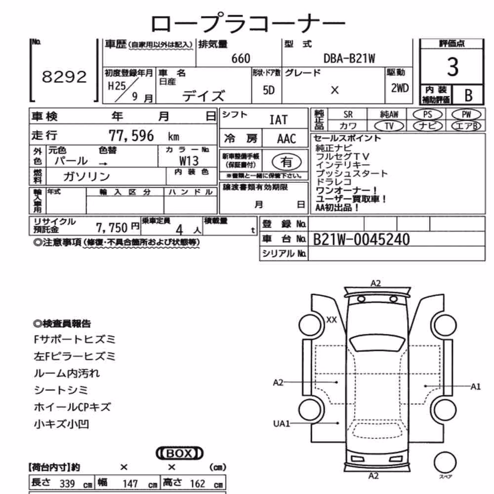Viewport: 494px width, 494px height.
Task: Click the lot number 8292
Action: (64, 77)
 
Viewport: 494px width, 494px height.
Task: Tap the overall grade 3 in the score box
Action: (453, 67)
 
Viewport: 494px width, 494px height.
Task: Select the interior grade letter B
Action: (468, 95)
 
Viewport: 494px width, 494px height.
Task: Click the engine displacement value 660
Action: (241, 59)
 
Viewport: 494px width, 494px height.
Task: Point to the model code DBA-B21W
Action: (349, 59)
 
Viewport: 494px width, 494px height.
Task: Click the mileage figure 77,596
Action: (131, 136)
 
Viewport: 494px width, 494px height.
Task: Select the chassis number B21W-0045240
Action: (362, 240)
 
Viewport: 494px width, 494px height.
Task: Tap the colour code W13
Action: (189, 161)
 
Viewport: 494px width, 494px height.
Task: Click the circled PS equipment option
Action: (427, 115)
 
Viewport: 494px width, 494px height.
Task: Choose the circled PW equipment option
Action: (466, 115)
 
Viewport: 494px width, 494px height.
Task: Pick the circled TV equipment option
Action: (389, 126)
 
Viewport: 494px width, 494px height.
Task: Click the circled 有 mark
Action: (287, 162)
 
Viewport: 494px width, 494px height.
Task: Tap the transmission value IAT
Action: (279, 120)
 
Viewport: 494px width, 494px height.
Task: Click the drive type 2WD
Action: (400, 88)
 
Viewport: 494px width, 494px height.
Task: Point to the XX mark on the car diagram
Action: (331, 320)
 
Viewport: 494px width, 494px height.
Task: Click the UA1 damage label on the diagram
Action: (281, 423)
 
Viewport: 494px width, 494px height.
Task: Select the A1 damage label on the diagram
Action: (475, 386)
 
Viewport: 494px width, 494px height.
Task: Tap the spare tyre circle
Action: (445, 462)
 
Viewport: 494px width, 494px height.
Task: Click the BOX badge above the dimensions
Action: (180, 453)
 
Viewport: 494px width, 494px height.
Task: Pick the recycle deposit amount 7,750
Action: (112, 227)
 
